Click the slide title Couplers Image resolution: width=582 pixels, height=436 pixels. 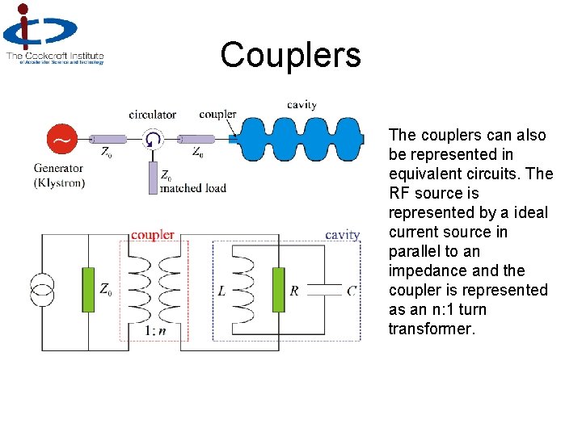(290, 55)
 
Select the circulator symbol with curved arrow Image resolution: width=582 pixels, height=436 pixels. (152, 140)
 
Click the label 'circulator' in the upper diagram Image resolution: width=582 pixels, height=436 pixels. (152, 115)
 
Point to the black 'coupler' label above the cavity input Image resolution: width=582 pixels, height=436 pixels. (217, 115)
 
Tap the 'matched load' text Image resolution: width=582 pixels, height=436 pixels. (193, 188)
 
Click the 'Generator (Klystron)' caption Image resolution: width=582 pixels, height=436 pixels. (59, 175)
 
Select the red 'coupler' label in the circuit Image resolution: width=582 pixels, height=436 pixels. (153, 235)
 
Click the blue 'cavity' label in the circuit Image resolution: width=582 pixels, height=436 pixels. (342, 235)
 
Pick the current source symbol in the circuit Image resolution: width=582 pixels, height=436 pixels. (42, 289)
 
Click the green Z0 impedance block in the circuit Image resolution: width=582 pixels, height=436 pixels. (88, 289)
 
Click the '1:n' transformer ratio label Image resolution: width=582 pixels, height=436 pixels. (156, 330)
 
